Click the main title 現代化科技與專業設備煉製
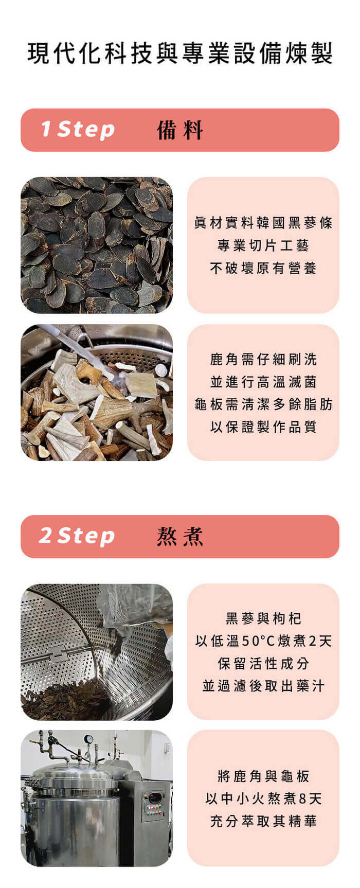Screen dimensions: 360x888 tap(180, 54)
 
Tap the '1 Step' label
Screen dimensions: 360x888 tap(78, 130)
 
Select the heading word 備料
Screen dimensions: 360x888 tap(180, 130)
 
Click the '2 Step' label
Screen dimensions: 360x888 tap(77, 536)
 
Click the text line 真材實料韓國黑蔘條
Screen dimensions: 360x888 tap(263, 223)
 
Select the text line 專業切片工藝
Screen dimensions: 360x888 tap(263, 245)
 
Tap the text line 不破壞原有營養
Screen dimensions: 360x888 tap(263, 268)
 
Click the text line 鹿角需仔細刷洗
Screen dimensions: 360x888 tap(263, 359)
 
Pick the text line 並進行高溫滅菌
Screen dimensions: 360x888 tap(263, 382)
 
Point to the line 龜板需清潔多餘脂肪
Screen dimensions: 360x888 tap(263, 404)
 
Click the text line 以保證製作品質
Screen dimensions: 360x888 tap(263, 427)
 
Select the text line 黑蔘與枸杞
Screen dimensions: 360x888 tap(263, 618)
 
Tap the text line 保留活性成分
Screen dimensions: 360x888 tap(263, 664)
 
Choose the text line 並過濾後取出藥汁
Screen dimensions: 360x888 tap(263, 686)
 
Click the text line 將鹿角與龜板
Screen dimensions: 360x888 tap(263, 776)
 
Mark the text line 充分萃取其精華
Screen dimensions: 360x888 tap(263, 821)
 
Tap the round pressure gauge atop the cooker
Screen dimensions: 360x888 tap(89, 739)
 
